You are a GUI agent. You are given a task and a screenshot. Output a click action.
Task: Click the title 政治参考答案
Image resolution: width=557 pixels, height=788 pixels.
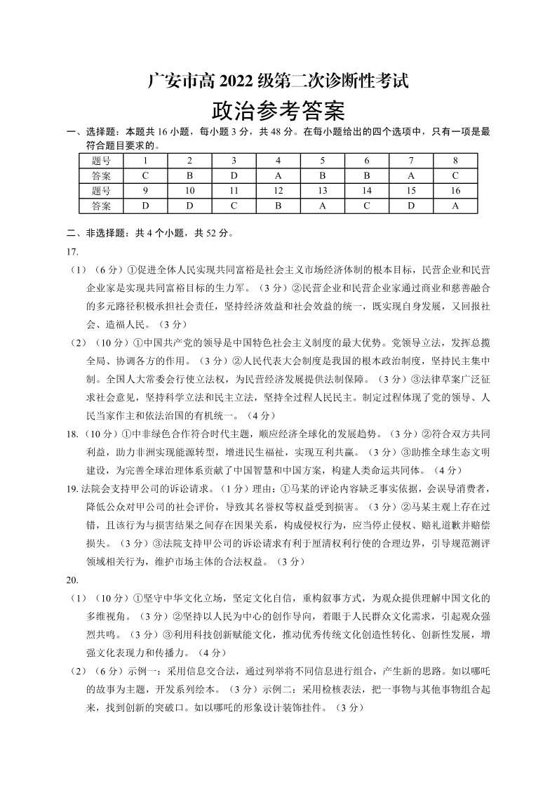click(278, 111)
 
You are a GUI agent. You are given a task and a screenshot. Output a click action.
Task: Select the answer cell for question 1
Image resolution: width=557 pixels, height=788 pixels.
click(145, 175)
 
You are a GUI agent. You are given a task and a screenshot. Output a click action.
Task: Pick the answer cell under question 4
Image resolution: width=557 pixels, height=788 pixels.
click(278, 175)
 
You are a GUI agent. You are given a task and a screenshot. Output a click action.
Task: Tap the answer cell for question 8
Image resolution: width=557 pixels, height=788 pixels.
click(455, 175)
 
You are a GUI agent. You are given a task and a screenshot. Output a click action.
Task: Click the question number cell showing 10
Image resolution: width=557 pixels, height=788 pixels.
click(189, 191)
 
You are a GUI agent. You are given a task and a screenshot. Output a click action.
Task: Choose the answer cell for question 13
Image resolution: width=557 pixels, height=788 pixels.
click(322, 206)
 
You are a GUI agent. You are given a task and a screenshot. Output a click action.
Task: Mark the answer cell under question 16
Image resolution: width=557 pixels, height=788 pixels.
click(455, 206)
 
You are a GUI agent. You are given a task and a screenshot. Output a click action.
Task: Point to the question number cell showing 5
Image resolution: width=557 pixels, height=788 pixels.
click(322, 160)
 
